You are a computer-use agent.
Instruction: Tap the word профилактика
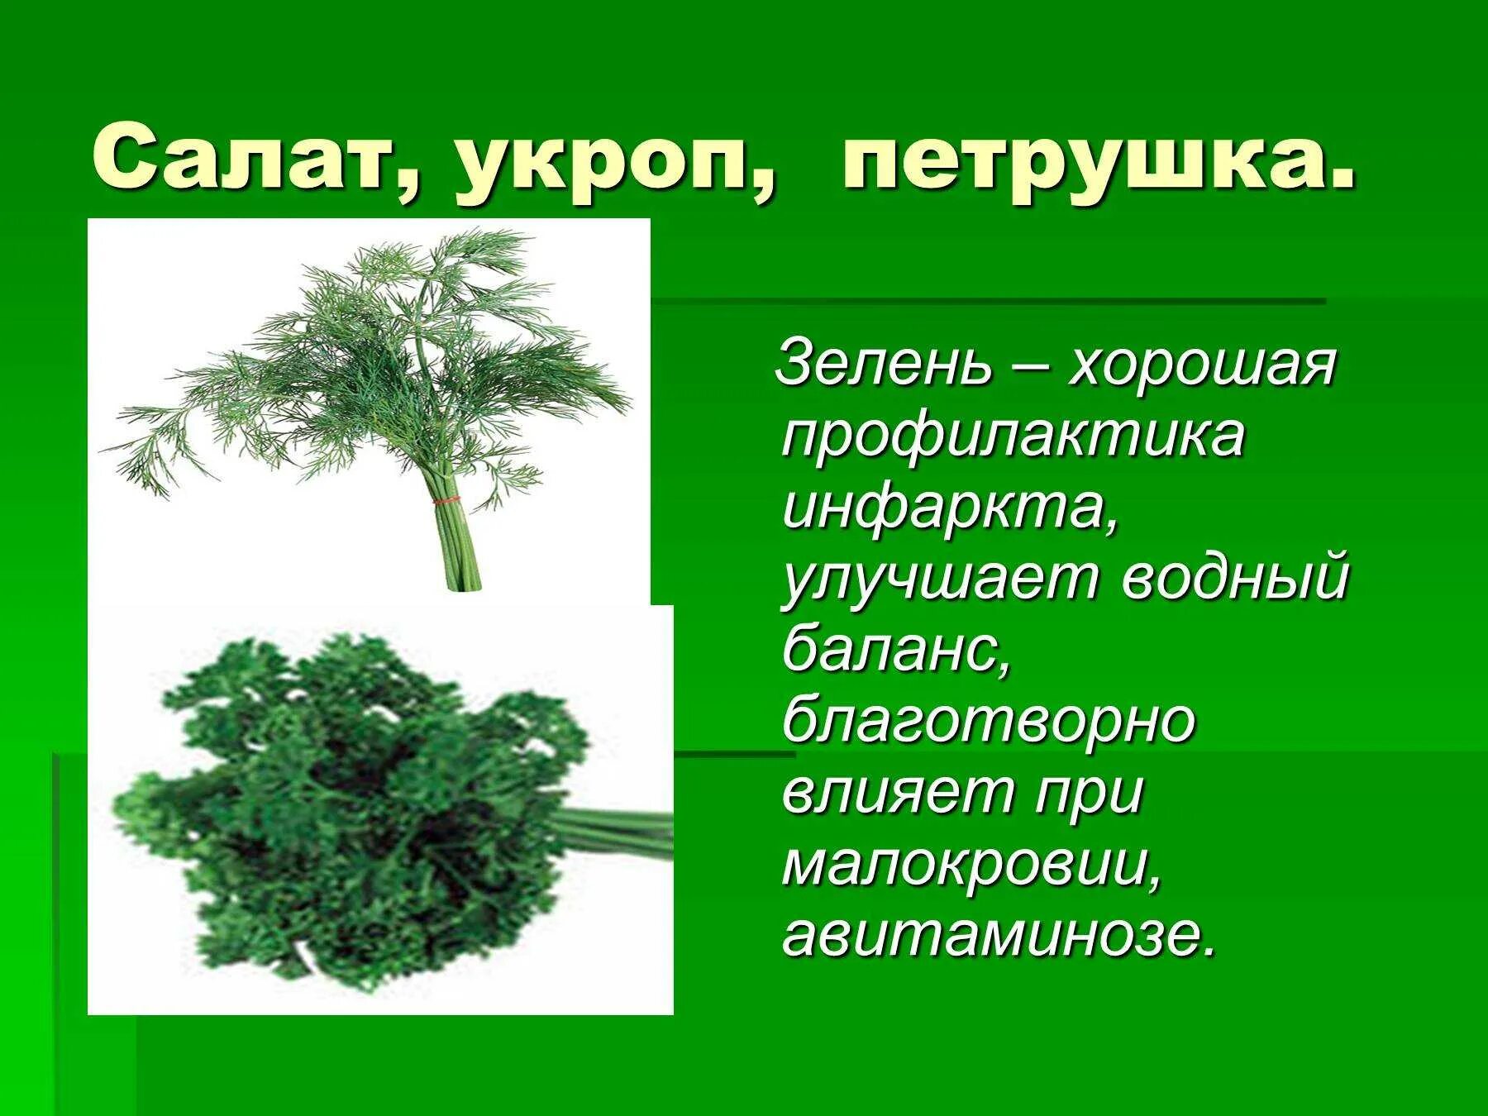1013,438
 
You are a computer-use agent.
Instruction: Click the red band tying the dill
447,501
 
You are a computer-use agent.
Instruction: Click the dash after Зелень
1029,368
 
